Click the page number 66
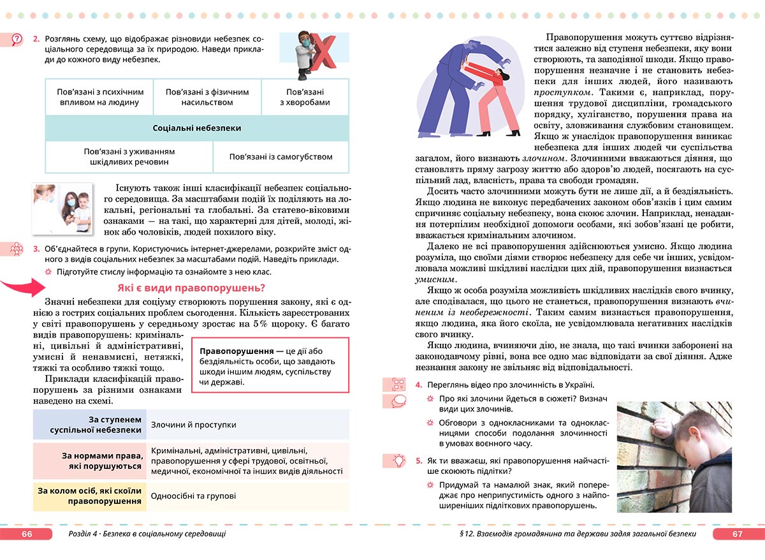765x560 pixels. [26, 534]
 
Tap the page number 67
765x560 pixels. [737, 534]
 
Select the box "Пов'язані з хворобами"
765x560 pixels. [305, 97]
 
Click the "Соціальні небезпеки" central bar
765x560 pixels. [197, 128]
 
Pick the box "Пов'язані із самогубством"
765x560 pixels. [281, 157]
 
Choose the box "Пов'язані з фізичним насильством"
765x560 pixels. [207, 97]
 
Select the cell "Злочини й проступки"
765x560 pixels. [194, 424]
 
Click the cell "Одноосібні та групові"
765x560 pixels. [194, 496]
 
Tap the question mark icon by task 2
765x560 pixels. [17, 40]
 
